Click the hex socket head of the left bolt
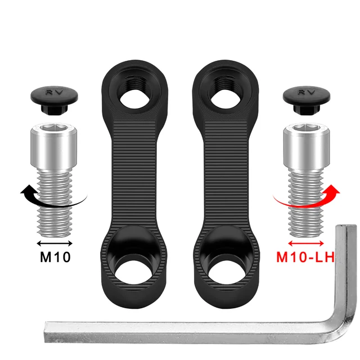pos(55,141)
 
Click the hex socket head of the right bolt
pos(305,141)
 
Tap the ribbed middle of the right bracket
pos(227,174)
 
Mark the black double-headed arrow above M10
pos(55,243)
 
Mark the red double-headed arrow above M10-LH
pos(305,243)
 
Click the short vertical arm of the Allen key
pos(344,270)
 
